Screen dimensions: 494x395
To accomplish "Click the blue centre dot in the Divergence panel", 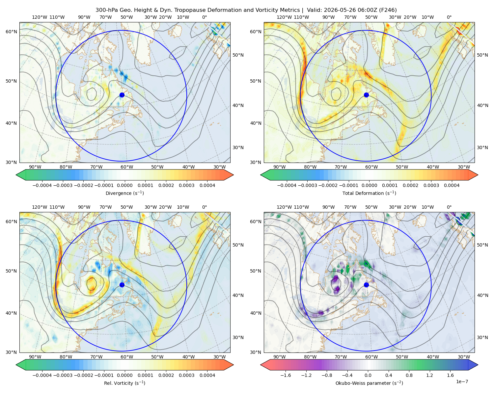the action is pos(122,95).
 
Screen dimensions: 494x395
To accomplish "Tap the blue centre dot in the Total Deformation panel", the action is pos(366,95).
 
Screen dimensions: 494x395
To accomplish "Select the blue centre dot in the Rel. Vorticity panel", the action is pos(122,285).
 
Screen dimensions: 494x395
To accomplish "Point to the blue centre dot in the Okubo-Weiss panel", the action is pos(366,285).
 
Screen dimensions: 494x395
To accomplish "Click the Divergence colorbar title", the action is pos(124,193).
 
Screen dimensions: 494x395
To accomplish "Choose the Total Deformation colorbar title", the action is pos(369,193).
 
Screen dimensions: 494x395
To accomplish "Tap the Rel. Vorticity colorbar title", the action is pos(124,383).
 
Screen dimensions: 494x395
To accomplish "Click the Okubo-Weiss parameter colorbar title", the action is pos(369,383).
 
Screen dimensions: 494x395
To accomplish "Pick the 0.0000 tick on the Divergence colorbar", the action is pos(124,185).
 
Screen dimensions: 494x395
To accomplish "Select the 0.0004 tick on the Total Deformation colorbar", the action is pos(452,185).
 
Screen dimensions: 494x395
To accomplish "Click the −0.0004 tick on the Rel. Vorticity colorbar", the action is pos(42,375).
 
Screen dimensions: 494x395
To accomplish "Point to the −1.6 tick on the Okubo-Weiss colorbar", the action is pos(286,375).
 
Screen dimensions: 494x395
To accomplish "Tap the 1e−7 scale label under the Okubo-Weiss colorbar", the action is pos(462,382).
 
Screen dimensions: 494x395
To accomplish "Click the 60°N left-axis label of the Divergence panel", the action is pos(11,32).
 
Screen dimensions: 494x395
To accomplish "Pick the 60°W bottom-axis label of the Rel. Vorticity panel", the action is pos(127,357).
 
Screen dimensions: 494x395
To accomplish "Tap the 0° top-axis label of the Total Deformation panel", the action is pos(449,17).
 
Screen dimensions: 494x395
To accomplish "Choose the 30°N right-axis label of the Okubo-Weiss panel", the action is pos(482,337).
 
